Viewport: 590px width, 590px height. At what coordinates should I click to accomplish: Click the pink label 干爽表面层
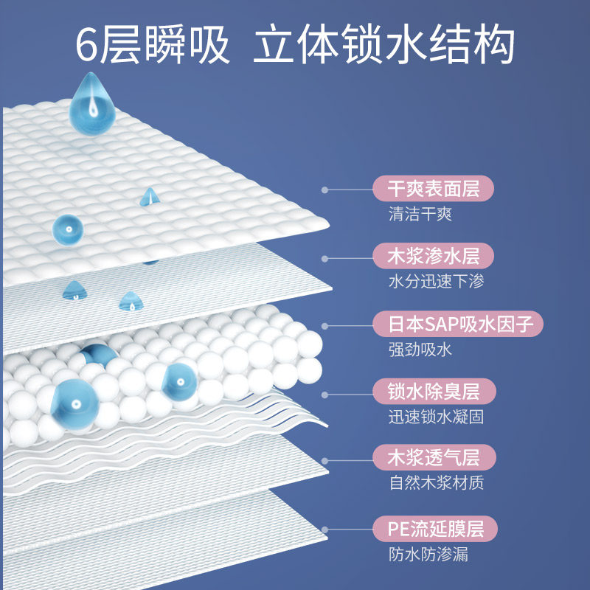click(433, 189)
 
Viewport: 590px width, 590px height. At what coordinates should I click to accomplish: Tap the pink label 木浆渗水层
click(433, 256)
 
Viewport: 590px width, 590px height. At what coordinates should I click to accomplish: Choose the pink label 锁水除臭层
click(433, 390)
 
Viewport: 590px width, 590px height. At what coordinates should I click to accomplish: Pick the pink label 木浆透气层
click(433, 457)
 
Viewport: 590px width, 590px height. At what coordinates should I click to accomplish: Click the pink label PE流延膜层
click(433, 529)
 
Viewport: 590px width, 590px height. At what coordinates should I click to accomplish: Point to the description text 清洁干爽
click(420, 215)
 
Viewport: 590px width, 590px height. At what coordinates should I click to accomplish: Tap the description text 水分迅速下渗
click(437, 282)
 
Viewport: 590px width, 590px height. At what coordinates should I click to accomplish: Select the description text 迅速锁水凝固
click(437, 416)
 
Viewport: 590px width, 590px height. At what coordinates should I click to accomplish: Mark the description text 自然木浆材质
click(437, 483)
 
